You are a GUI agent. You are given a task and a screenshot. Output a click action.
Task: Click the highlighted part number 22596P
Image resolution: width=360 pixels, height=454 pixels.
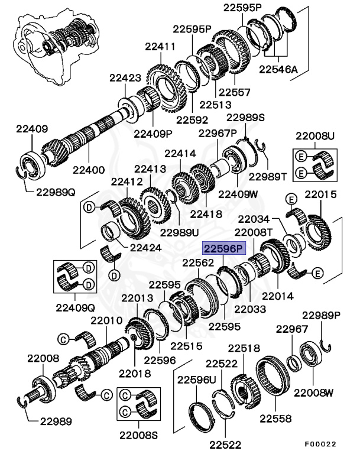pos(223,249)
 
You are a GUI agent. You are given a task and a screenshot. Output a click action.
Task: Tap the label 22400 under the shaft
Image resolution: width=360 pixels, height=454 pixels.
pos(89,170)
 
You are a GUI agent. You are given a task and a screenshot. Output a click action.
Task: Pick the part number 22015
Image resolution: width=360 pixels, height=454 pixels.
pos(320,194)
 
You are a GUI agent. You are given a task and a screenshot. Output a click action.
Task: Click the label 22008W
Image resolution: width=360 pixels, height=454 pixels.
pos(314,393)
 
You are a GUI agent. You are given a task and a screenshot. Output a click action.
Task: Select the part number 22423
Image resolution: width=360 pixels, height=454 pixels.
pos(125,77)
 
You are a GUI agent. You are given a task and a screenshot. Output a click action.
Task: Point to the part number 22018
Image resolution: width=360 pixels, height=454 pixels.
pos(135,374)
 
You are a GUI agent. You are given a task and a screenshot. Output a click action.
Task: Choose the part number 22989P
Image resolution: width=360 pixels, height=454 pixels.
pos(322,314)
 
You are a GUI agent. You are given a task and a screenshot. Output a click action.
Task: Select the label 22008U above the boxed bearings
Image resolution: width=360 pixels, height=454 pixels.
pos(316,136)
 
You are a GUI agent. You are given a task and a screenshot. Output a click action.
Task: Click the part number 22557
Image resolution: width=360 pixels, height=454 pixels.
pos(234,92)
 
